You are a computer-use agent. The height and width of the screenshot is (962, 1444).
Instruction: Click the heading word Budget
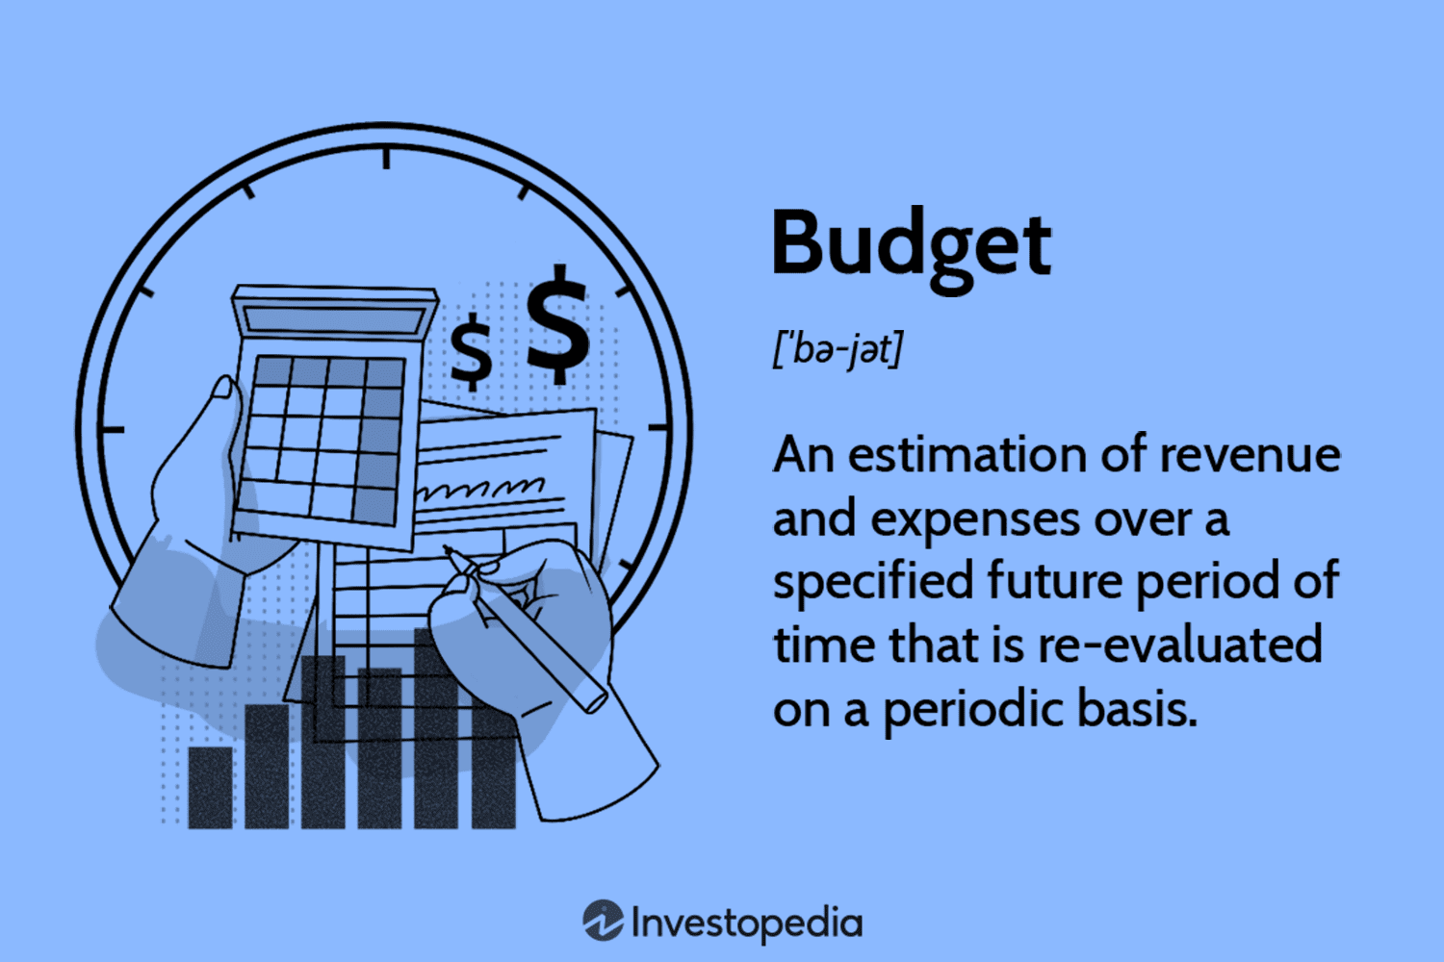point(910,245)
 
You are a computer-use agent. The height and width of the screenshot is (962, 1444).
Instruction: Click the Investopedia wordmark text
point(746,924)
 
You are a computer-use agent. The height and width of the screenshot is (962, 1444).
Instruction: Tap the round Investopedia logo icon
point(604,921)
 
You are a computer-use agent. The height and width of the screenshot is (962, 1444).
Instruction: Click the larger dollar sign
point(558,325)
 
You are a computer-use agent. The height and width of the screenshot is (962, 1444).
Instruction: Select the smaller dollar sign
point(472,352)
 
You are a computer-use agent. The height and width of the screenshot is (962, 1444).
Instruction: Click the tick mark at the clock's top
point(386,157)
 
